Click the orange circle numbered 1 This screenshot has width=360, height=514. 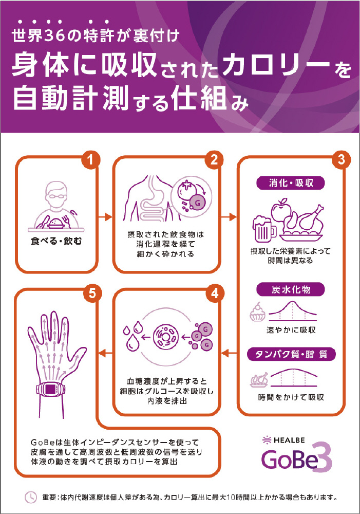point(91,160)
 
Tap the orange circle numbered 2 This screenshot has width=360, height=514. point(214,160)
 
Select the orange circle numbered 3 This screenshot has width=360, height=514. point(341,160)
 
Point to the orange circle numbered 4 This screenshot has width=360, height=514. point(215,293)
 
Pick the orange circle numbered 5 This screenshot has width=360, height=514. point(92,293)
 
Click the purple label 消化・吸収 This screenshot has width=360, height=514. point(291,183)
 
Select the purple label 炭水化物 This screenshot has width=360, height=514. point(291,289)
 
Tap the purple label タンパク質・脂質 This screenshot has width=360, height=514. point(291,354)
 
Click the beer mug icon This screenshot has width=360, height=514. point(263,228)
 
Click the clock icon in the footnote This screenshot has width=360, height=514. point(31,497)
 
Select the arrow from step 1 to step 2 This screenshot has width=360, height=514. point(105,217)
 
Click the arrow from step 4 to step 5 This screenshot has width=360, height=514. point(105,353)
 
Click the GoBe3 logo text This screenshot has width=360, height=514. point(296,457)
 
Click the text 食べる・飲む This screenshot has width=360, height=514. point(56,241)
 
